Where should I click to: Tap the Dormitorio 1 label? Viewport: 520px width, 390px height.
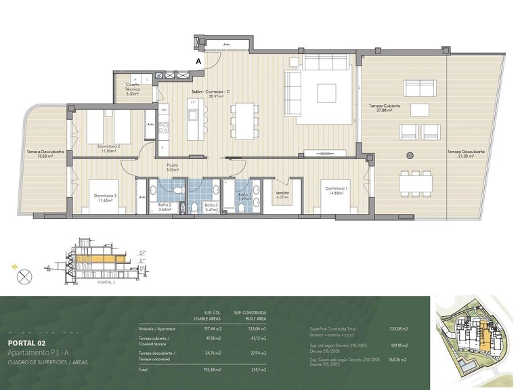(x=336, y=190)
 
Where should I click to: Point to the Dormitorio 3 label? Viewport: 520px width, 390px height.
(x=106, y=198)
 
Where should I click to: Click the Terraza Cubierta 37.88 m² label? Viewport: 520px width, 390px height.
(x=385, y=109)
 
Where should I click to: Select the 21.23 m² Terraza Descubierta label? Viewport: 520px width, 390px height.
(x=466, y=154)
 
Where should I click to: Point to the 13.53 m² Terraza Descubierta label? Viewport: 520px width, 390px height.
(x=45, y=154)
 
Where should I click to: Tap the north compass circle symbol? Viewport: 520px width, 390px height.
(x=24, y=276)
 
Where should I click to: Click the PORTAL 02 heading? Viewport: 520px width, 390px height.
(x=26, y=343)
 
